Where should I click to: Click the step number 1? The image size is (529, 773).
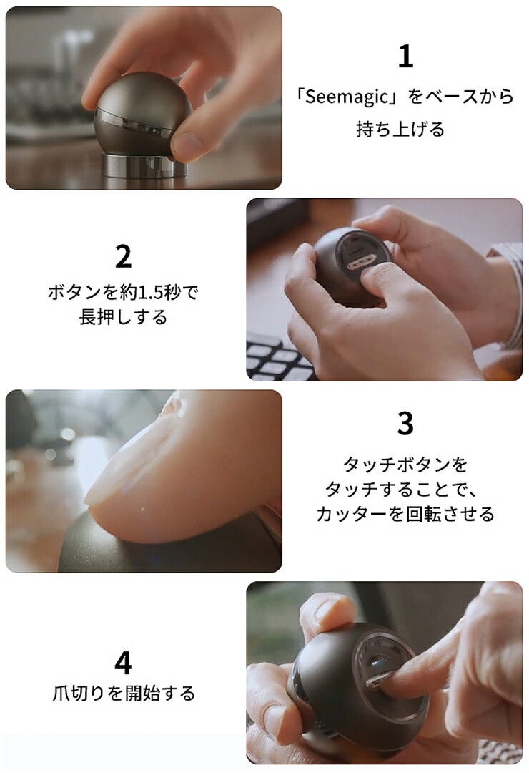coord(405,57)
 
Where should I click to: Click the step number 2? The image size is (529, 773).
coord(123,256)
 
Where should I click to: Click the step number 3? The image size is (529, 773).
coord(405,423)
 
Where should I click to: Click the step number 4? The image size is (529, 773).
coord(123,663)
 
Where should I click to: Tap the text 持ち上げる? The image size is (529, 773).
coord(400,129)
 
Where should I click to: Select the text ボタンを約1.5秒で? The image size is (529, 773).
coord(123,292)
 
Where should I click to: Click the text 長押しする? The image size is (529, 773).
coord(123,317)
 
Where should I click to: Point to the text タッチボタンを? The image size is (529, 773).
coord(405,465)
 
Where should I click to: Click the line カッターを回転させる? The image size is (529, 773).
coord(405,514)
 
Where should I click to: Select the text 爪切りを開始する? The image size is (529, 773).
coord(123,694)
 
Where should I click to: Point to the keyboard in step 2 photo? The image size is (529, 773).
coord(279,359)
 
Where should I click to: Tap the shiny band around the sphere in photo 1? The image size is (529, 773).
coord(134,123)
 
